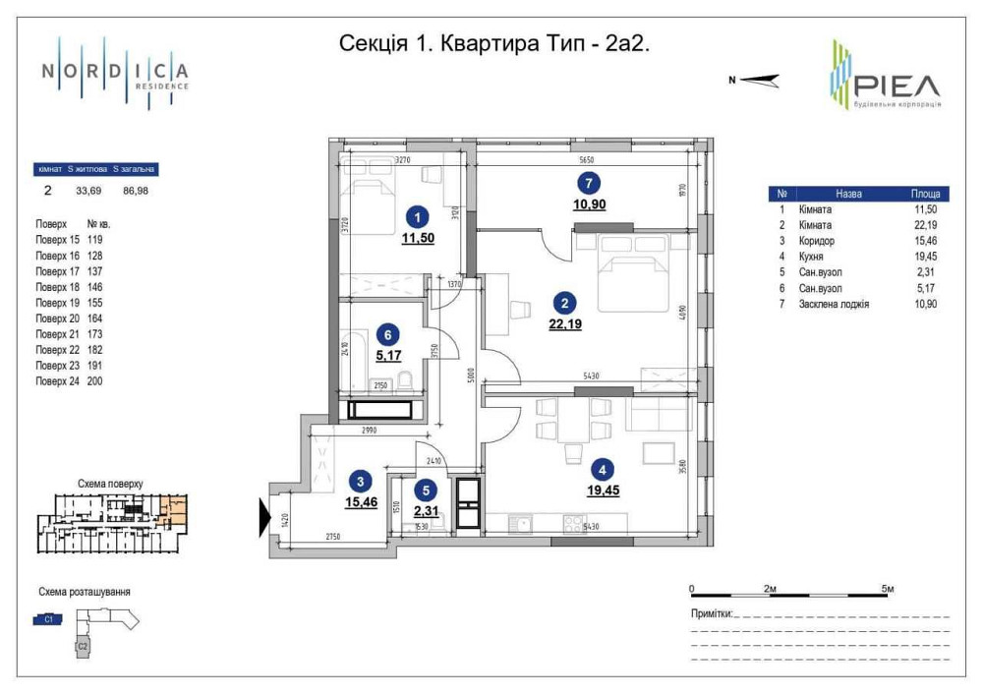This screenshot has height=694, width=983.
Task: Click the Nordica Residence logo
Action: click(x=115, y=73)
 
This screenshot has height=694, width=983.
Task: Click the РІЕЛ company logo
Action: click(x=884, y=77)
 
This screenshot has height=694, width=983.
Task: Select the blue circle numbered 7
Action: click(x=588, y=183)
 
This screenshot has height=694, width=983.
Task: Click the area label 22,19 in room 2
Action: click(x=564, y=324)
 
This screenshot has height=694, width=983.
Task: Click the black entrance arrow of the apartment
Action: click(x=264, y=518)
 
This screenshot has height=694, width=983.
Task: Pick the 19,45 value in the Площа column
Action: click(x=926, y=258)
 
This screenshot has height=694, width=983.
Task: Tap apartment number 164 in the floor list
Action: click(x=94, y=318)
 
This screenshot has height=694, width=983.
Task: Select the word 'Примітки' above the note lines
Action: click(x=712, y=614)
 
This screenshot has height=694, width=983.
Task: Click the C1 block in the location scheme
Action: click(x=48, y=618)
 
